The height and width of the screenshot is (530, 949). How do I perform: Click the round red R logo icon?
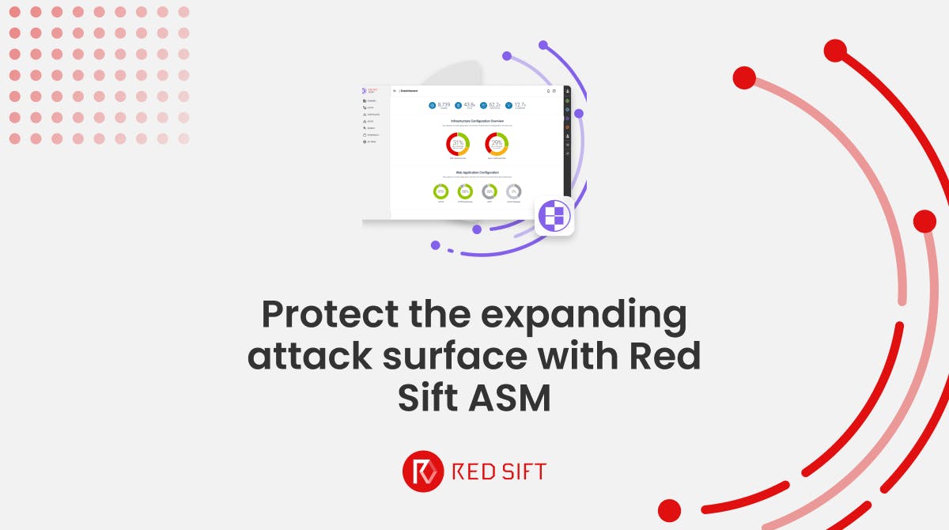pyautogui.click(x=423, y=472)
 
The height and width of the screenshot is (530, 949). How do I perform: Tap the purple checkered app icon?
pyautogui.click(x=554, y=216)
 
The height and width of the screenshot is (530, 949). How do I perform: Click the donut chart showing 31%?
pyautogui.click(x=458, y=144)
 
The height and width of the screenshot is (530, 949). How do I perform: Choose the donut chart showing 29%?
pyautogui.click(x=497, y=144)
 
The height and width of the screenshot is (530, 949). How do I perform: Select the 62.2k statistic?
pyautogui.click(x=494, y=104)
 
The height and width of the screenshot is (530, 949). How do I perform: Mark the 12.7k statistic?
pyautogui.click(x=520, y=104)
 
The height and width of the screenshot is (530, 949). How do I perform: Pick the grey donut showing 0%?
pyautogui.click(x=514, y=191)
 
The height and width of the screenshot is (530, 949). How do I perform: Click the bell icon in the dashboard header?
pyautogui.click(x=548, y=91)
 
